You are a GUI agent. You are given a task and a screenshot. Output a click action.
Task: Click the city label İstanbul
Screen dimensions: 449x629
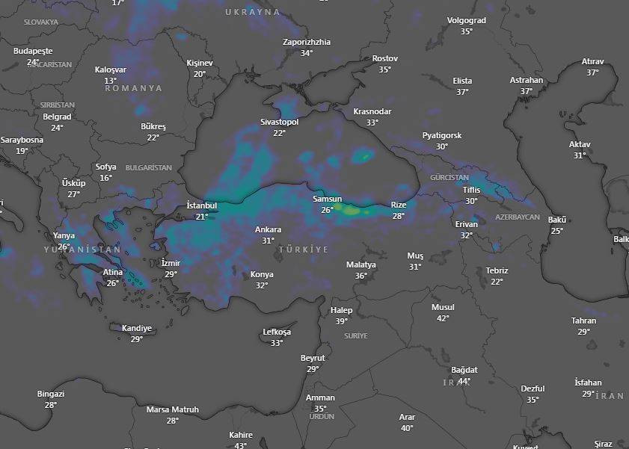point(201,205)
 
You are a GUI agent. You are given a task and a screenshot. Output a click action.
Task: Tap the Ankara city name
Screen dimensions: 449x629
point(268,229)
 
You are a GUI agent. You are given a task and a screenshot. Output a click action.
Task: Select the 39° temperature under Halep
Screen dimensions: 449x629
point(341,321)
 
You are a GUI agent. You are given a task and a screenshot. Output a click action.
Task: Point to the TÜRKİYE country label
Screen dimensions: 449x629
point(303,249)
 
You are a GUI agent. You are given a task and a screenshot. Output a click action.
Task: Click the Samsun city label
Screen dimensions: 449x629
point(327,199)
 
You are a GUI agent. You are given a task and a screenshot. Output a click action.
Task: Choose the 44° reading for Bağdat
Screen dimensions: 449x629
point(464,381)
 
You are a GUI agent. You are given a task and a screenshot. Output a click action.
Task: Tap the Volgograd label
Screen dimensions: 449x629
point(466,20)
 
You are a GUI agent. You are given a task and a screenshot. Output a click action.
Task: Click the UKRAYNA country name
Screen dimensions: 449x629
point(253,12)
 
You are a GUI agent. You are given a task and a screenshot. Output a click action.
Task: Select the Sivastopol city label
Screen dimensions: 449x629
point(279,122)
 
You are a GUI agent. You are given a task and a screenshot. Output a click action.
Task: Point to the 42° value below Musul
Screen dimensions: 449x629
point(443,318)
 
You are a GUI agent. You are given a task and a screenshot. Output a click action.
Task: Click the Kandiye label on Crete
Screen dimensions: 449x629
point(137,328)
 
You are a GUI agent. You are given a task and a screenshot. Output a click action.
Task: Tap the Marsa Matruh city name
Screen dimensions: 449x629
point(172,409)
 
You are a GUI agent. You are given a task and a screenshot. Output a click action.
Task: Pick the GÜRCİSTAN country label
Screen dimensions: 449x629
point(449,178)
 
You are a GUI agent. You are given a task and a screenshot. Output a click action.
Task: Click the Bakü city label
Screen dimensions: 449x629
point(557,220)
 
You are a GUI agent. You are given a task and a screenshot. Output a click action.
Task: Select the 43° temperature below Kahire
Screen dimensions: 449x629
point(241,445)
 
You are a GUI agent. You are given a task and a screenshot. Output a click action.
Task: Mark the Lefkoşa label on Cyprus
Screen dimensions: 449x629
point(277,332)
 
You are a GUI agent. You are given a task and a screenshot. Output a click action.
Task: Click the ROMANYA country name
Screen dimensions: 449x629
point(133,88)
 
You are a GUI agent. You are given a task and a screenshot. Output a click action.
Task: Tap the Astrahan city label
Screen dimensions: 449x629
point(527,80)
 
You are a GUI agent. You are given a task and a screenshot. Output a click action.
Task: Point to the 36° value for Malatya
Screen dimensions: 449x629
point(361,276)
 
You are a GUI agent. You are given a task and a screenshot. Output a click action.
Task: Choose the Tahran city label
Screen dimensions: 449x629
point(583,321)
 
